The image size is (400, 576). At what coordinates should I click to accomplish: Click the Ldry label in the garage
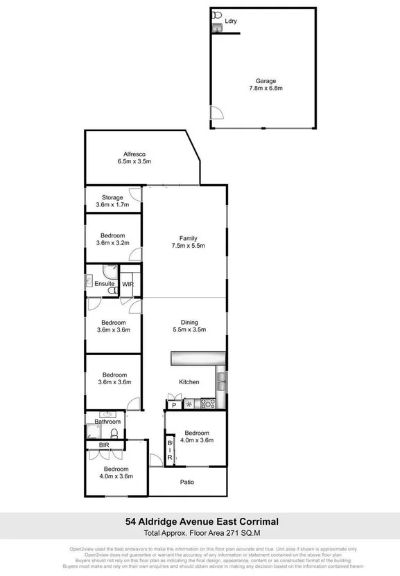pyautogui.click(x=231, y=21)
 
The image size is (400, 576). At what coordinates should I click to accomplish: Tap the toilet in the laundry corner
pyautogui.click(x=216, y=15)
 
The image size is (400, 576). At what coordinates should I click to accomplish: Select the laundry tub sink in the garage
pyautogui.click(x=216, y=26)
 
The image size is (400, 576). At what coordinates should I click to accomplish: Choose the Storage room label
pyautogui.click(x=112, y=198)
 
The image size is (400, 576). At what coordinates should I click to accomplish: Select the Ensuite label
pyautogui.click(x=104, y=284)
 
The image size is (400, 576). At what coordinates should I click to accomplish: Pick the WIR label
pyautogui.click(x=128, y=284)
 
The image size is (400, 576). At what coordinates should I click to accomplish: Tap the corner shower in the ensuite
pyautogui.click(x=109, y=271)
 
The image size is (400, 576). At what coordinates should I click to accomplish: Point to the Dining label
pyautogui.click(x=189, y=322)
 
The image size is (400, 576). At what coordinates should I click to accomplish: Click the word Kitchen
pyautogui.click(x=189, y=382)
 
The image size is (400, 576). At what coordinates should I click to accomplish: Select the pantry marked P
pyautogui.click(x=174, y=404)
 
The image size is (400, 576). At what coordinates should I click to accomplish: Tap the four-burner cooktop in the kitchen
pyautogui.click(x=207, y=404)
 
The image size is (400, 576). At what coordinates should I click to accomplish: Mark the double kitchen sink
pyautogui.click(x=221, y=379)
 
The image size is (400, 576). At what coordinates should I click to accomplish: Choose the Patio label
pyautogui.click(x=187, y=483)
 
